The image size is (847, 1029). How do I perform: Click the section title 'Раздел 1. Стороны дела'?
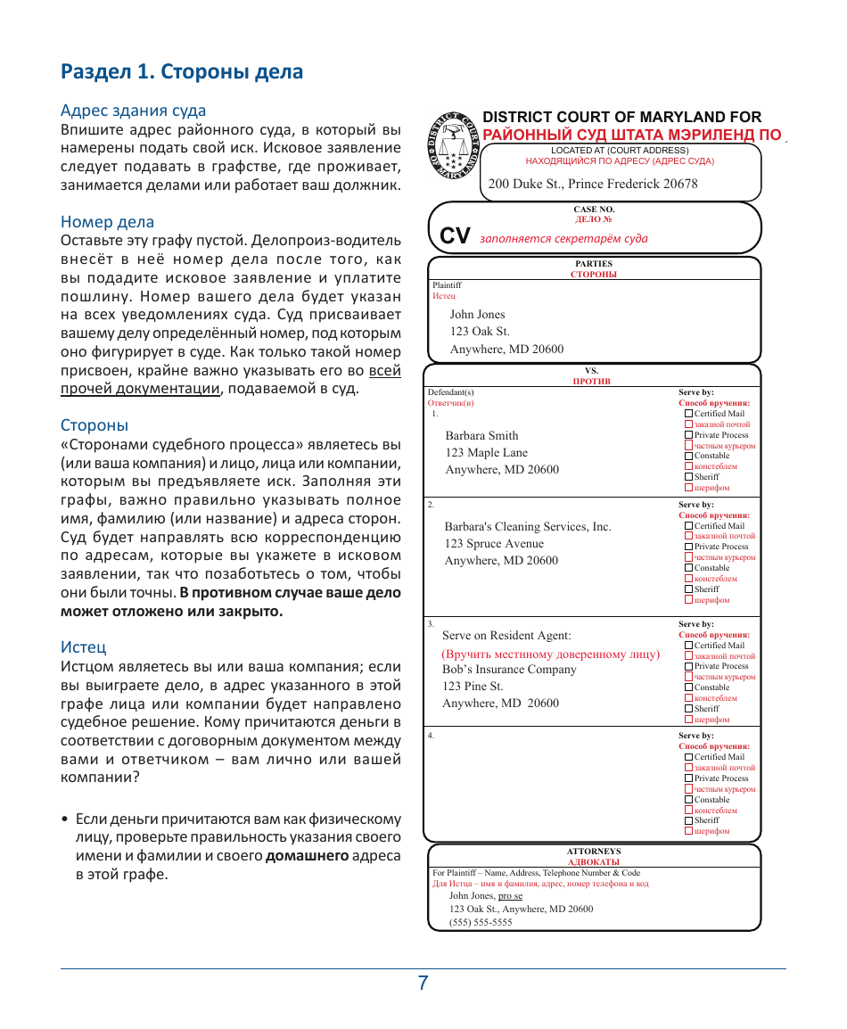tap(182, 72)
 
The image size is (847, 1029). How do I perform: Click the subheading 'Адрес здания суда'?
tap(133, 111)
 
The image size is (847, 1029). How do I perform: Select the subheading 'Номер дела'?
tap(107, 222)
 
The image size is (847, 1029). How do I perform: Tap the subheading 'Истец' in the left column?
tap(83, 646)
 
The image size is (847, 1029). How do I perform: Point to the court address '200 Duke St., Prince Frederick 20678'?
tap(593, 184)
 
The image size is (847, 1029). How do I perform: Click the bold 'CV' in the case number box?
tap(455, 235)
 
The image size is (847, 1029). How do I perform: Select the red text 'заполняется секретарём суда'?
tap(563, 239)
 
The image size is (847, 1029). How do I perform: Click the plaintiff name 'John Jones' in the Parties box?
tap(477, 315)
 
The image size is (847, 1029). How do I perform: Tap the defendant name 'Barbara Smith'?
tap(481, 436)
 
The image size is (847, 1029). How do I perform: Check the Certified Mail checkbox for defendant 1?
tap(688, 414)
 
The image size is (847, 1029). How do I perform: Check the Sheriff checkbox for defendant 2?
tap(688, 589)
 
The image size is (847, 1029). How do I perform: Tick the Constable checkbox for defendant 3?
tap(688, 687)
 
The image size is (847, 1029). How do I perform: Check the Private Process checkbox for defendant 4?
tap(688, 778)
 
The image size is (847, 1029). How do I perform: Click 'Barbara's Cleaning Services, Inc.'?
tap(528, 527)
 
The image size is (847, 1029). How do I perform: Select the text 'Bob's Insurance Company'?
tap(509, 670)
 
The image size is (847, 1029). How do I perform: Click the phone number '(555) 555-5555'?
tap(481, 923)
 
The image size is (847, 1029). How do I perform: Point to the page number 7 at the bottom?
tap(423, 984)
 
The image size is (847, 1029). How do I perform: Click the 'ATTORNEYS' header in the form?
tap(594, 852)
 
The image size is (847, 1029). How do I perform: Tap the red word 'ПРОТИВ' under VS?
tap(591, 381)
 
